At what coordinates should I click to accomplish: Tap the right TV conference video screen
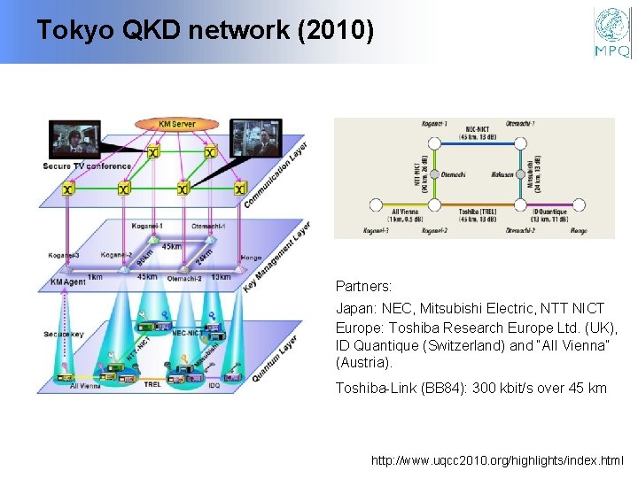pos(256,137)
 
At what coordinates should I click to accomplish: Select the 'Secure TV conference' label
pos(87,166)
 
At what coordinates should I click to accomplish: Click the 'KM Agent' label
pos(67,281)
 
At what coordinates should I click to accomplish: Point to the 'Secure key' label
pos(63,334)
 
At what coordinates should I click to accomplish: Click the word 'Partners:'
pos(363,287)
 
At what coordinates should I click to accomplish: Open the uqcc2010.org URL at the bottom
pos(497,461)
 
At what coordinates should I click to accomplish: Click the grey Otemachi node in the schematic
pos(433,174)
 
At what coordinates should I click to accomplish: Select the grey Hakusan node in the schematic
pos(523,174)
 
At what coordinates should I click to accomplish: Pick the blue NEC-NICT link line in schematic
pos(478,144)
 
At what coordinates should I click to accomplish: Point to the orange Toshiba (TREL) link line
pos(478,205)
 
